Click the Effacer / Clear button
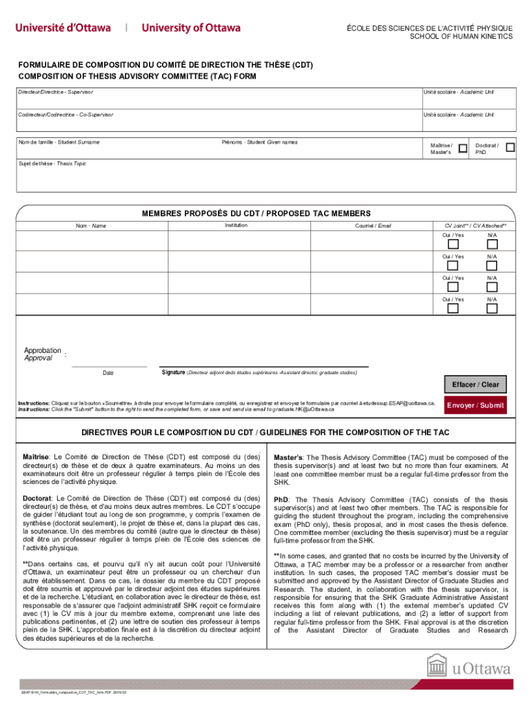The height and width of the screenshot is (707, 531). coord(475,385)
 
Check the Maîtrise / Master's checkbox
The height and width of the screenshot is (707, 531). coord(463,148)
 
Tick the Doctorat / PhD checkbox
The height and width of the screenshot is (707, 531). coord(510,147)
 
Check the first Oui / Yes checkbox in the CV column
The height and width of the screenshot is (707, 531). coord(453,244)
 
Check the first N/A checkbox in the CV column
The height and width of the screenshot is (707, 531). coord(492,244)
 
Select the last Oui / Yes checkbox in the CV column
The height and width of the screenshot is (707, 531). coord(453,308)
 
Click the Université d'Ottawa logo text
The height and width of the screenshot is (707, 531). coord(63,28)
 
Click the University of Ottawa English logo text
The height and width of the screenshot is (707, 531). coord(191,28)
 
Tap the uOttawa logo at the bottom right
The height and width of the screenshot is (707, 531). coord(469,668)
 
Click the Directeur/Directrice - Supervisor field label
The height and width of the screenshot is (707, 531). coord(56,92)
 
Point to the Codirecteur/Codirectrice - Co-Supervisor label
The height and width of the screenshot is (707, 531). coord(66,114)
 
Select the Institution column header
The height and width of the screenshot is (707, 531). coord(236,225)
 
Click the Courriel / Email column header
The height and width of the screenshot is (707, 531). coord(372,226)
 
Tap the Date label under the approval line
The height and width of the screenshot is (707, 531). coord(108,373)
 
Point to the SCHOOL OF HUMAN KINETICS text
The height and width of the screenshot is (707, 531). coord(461,36)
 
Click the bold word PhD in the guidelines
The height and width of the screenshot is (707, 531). coord(281,499)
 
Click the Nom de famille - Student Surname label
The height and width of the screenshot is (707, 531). coord(59,142)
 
